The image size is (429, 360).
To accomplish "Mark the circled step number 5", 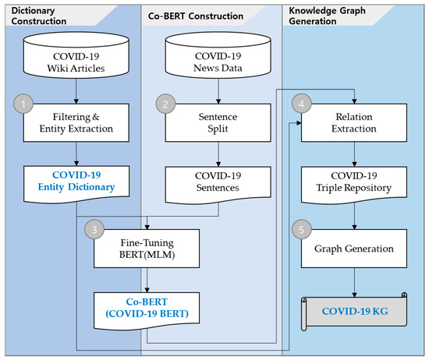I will point(300,231).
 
